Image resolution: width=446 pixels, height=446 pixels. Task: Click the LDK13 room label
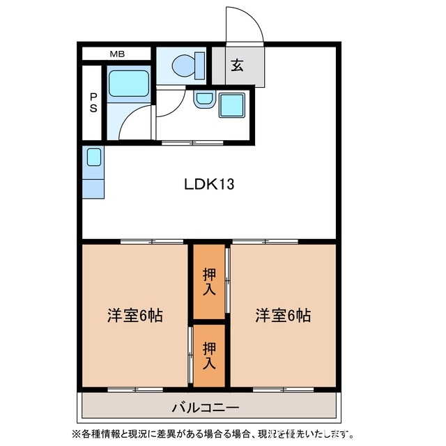click(x=209, y=185)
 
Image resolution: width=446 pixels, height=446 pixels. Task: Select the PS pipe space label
click(x=93, y=102)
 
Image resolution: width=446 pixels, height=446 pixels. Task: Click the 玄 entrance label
click(x=238, y=66)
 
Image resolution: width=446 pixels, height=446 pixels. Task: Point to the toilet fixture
click(x=185, y=66)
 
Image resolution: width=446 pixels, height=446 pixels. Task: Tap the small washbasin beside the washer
click(x=203, y=99)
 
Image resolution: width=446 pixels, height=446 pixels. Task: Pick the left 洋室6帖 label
click(x=135, y=315)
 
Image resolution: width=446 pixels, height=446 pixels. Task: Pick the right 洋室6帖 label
click(x=282, y=315)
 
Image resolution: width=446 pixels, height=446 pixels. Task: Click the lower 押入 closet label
click(x=209, y=355)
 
